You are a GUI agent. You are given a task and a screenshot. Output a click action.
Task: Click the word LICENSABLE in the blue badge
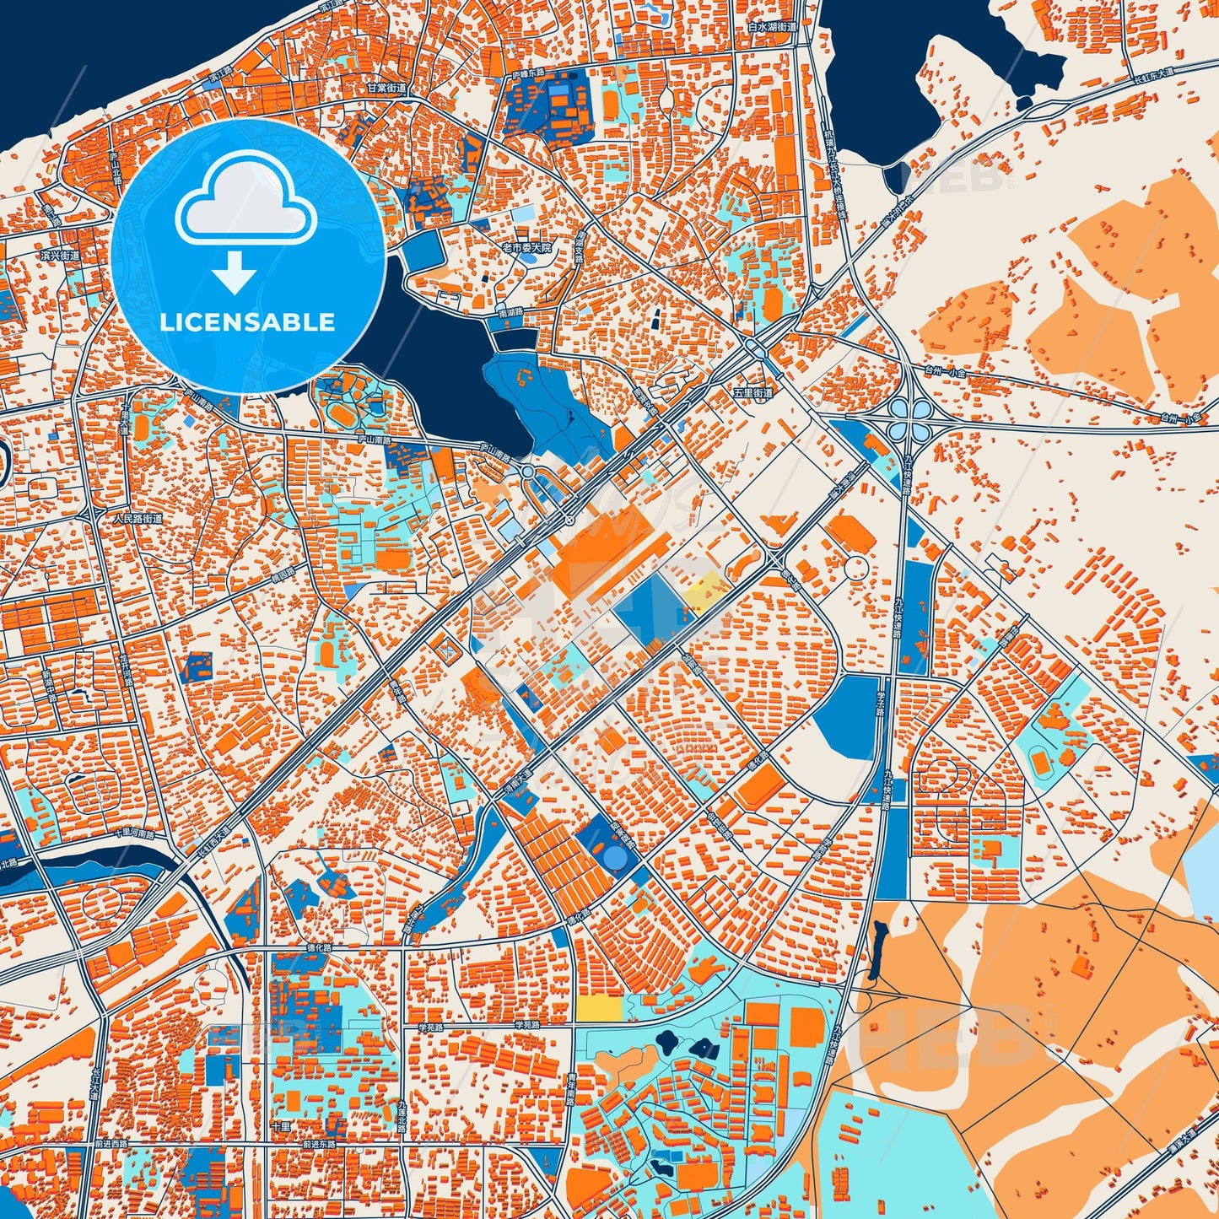point(247,322)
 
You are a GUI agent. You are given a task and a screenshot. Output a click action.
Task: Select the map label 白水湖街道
point(772,27)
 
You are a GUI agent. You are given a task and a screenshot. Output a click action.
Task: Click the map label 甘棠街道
point(386,88)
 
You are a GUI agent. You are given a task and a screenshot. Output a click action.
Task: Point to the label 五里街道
point(752,393)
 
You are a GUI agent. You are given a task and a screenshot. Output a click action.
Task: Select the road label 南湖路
point(510,311)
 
